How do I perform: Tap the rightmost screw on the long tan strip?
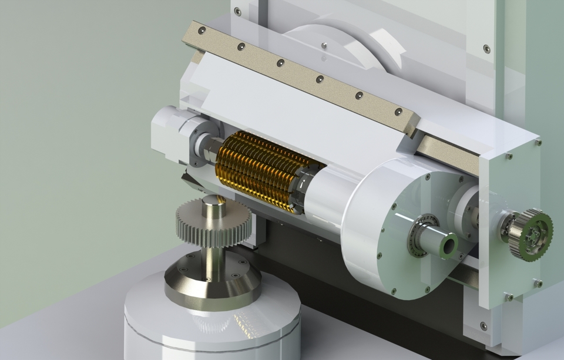pos(398,112)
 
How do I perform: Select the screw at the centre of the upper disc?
pos(324,45)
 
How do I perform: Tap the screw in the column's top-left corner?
pos(237,12)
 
